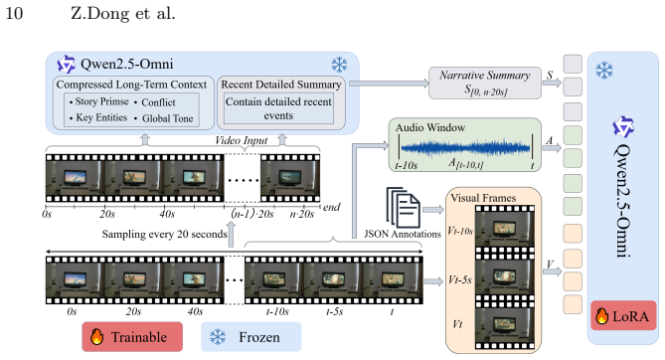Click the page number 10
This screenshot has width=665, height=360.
(x=14, y=13)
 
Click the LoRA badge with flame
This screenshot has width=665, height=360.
(x=622, y=316)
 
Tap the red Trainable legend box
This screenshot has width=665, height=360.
(x=132, y=337)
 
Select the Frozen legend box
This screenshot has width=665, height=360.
(x=250, y=337)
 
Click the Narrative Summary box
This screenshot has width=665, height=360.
(x=485, y=83)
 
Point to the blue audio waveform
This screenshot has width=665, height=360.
(x=465, y=148)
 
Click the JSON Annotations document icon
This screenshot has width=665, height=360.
(x=403, y=208)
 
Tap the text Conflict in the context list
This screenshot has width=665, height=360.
(x=158, y=102)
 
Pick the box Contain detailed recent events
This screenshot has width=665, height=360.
(x=278, y=108)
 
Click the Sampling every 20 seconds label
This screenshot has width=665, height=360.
(x=165, y=234)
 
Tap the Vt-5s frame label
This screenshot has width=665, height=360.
(x=460, y=279)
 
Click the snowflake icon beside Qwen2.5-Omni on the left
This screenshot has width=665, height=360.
(x=339, y=65)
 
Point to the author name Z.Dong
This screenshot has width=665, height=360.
(x=100, y=14)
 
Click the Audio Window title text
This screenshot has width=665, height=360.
(x=430, y=127)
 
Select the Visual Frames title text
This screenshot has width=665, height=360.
(x=483, y=198)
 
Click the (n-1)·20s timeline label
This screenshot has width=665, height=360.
(x=252, y=214)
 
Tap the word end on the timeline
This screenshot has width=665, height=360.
(x=332, y=207)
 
